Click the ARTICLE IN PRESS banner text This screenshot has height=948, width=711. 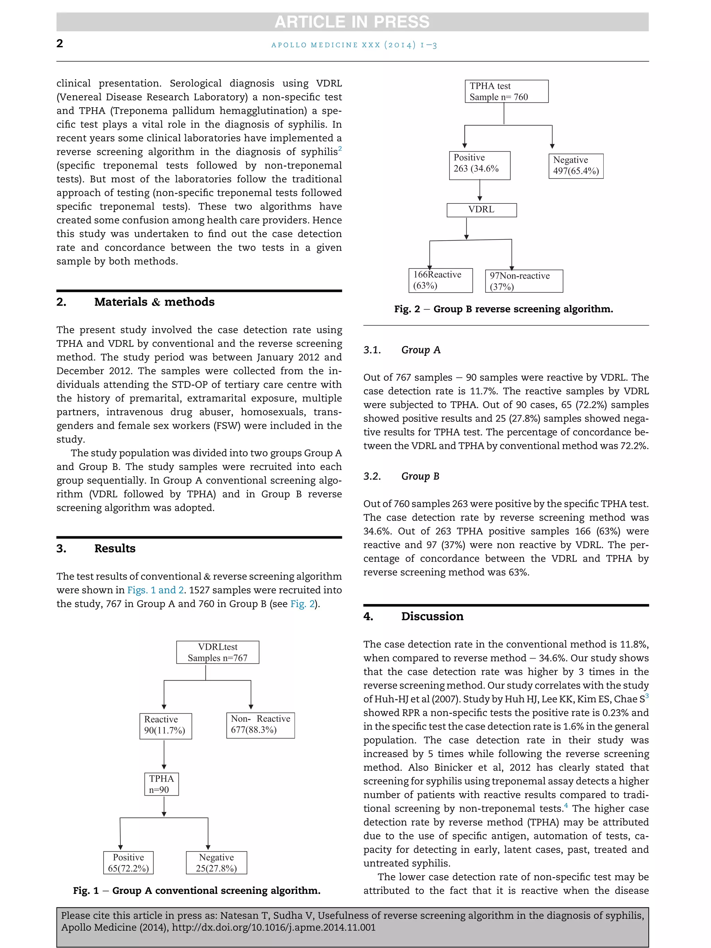352,22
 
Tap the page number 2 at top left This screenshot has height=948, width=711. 60,43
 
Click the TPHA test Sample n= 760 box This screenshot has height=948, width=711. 506,91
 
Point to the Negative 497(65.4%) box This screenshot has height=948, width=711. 576,166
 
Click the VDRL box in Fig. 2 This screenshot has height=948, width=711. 481,210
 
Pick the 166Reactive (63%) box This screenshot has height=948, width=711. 440,280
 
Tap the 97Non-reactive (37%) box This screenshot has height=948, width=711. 524,281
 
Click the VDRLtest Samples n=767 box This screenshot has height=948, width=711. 217,652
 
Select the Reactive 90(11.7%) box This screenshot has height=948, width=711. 166,726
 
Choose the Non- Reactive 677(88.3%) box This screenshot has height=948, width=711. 260,725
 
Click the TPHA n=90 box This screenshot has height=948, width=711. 161,784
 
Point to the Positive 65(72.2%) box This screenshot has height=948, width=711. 128,862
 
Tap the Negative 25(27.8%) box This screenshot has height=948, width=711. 216,862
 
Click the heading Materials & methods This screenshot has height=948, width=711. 154,302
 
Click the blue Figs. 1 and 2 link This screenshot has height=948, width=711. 156,590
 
